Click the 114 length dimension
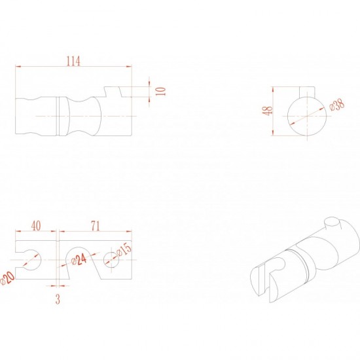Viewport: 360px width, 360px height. click(x=73, y=62)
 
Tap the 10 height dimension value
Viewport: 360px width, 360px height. click(x=162, y=92)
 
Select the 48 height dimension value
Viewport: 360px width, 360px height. click(x=268, y=111)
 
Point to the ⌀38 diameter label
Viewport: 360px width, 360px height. click(x=337, y=105)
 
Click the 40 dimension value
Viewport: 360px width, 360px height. click(x=36, y=226)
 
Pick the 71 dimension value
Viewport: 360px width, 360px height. click(x=96, y=226)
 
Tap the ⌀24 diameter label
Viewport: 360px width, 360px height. click(x=79, y=260)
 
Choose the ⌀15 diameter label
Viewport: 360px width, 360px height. click(x=124, y=249)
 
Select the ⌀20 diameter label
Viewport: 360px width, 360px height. click(x=7, y=278)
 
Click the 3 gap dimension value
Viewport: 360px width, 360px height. click(x=58, y=299)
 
